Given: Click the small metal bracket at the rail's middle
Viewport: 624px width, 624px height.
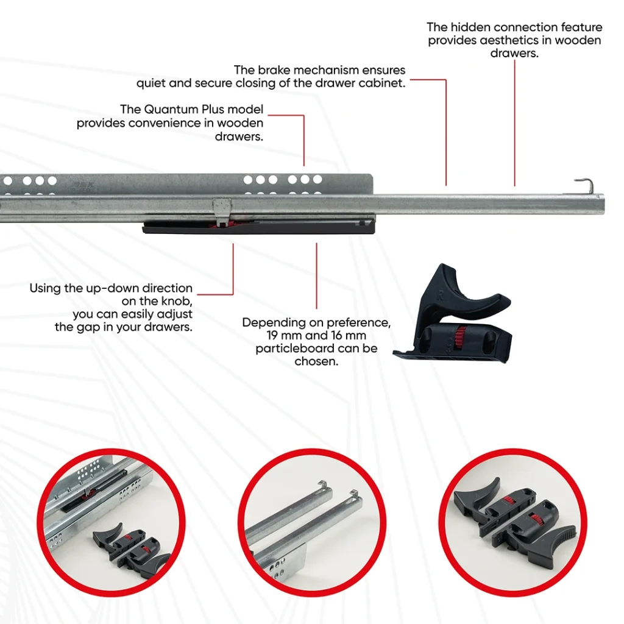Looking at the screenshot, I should (222, 211).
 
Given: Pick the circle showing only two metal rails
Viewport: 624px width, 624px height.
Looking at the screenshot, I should (311, 523).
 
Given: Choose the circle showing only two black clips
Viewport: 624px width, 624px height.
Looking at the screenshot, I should (512, 523).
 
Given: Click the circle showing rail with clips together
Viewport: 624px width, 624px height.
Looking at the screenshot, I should (111, 523).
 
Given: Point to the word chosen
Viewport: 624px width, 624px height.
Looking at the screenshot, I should (316, 361).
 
